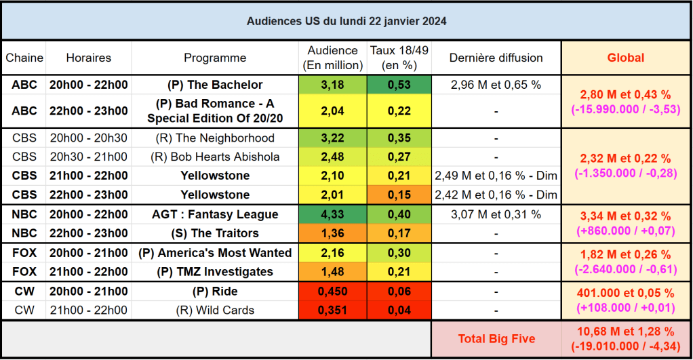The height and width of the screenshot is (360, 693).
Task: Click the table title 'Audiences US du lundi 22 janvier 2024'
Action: click(x=346, y=21)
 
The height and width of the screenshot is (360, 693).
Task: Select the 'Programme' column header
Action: click(x=215, y=58)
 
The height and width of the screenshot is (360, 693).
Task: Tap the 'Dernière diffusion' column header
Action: click(x=496, y=58)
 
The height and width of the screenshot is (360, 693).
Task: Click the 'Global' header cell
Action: click(x=625, y=58)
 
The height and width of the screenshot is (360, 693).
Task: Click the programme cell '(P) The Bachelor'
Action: click(x=215, y=85)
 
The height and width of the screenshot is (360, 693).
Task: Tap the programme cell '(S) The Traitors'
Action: click(x=215, y=233)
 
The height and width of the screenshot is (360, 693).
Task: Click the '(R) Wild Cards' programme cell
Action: click(x=215, y=311)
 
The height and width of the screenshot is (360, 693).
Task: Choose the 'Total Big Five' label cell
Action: click(x=496, y=339)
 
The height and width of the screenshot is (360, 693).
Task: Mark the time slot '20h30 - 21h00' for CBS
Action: click(x=88, y=157)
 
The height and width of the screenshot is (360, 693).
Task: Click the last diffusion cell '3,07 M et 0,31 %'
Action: click(x=496, y=214)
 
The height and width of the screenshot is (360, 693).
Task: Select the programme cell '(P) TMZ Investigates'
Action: click(x=215, y=272)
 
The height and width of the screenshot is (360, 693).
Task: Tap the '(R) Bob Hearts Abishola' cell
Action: click(x=215, y=157)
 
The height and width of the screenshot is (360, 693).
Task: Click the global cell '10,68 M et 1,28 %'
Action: click(x=625, y=332)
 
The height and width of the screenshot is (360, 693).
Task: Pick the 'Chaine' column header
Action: click(x=24, y=58)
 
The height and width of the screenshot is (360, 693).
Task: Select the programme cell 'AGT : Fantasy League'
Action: click(x=215, y=214)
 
